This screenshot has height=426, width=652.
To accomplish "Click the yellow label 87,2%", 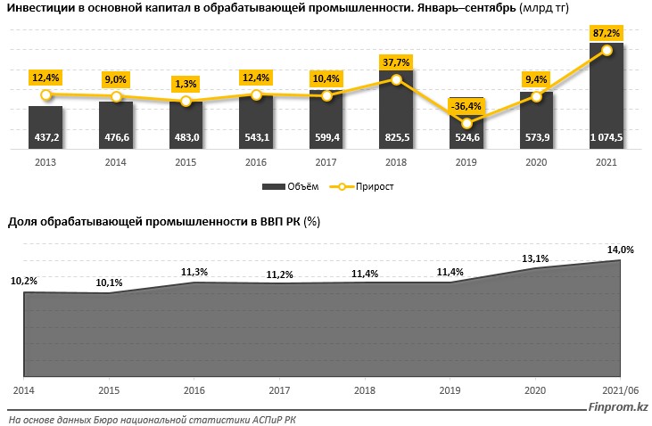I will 607,32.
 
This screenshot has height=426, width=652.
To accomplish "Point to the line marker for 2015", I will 186,102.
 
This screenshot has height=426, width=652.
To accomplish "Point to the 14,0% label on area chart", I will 620,250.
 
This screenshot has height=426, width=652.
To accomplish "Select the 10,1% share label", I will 108,283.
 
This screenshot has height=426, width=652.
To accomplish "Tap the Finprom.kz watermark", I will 618,408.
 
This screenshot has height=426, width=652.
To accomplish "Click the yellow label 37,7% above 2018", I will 396,62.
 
